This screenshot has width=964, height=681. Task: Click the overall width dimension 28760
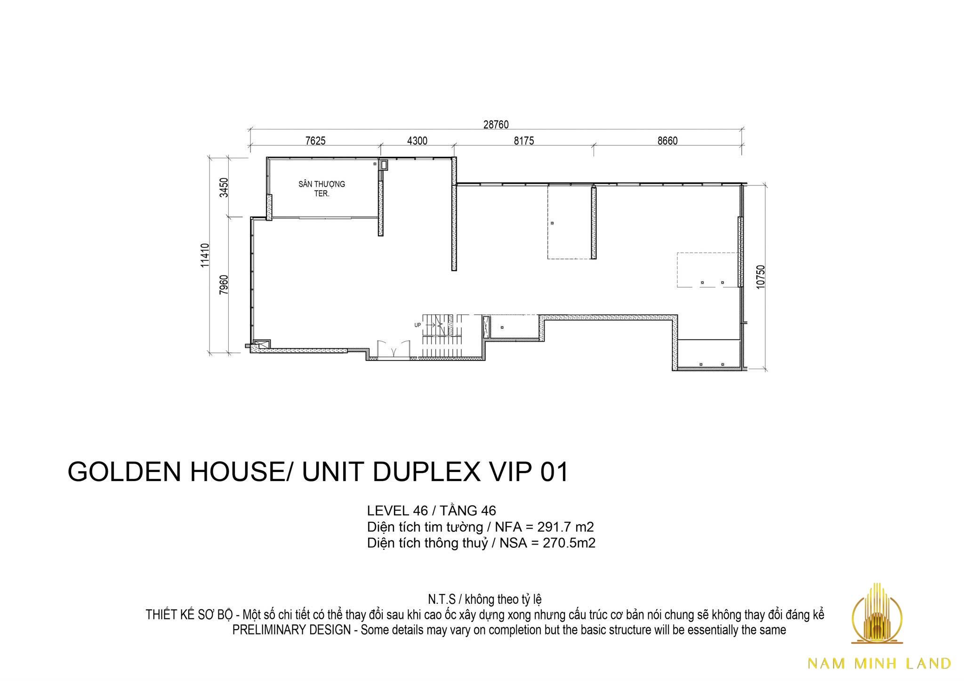tap(496, 125)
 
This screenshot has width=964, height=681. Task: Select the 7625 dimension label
tap(315, 141)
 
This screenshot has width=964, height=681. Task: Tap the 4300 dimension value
tap(417, 141)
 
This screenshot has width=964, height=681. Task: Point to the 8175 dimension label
tap(524, 141)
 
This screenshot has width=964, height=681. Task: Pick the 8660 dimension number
tap(667, 141)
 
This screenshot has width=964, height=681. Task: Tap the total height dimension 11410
tap(204, 256)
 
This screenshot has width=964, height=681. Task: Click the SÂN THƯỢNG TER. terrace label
tap(322, 188)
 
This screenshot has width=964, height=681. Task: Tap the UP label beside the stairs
tap(418, 325)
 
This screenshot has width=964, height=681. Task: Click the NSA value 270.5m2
tap(570, 543)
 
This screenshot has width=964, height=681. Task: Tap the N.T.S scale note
tap(442, 600)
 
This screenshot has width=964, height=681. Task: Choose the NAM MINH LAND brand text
tap(879, 663)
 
